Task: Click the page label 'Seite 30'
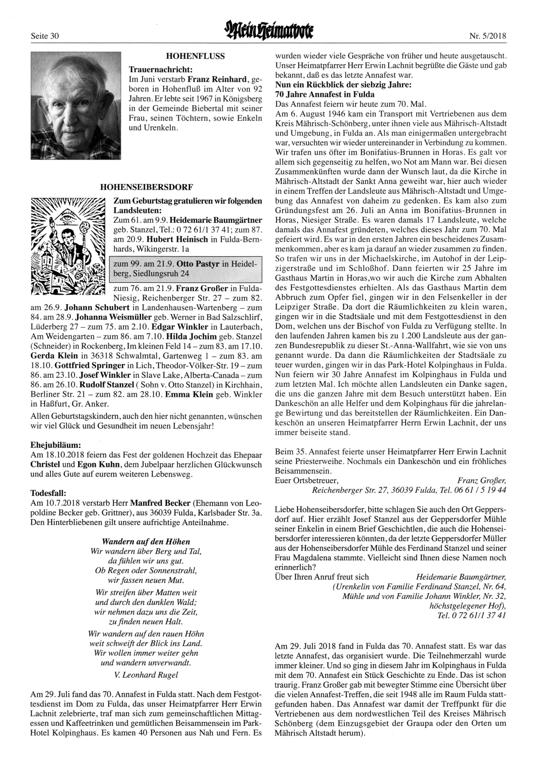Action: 45,36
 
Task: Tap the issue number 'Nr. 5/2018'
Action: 488,36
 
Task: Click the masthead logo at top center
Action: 269,32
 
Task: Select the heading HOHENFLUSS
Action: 195,56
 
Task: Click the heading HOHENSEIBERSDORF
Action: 146,187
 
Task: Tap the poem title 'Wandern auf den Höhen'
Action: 146,541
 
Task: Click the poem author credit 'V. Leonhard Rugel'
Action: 146,674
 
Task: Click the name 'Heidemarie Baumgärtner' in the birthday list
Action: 217,220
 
